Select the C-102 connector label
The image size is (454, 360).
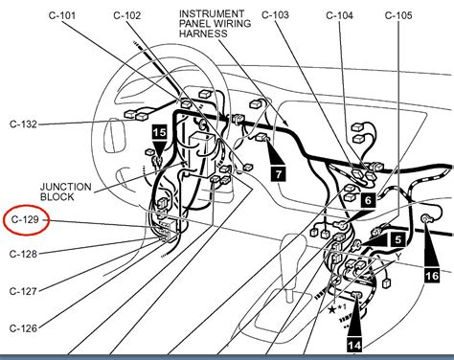[x=128, y=16]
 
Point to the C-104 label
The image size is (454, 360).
[x=340, y=16]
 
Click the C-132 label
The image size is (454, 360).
[x=24, y=125]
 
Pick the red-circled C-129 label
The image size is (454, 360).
[x=26, y=221]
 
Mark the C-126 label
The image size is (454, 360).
[x=24, y=328]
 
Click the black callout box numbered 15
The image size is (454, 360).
[x=159, y=131]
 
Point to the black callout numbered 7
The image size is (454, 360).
[x=277, y=174]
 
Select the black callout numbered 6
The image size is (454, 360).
[x=367, y=200]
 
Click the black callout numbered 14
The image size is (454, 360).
[x=354, y=344]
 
